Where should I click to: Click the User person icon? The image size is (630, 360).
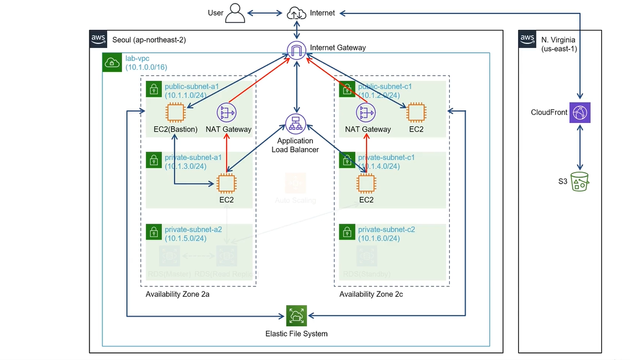(235, 13)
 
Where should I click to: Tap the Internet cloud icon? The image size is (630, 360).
(297, 13)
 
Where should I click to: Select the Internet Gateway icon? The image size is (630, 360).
(297, 50)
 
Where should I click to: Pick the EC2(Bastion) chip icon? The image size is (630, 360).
(175, 112)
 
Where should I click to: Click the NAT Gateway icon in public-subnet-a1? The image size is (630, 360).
(226, 112)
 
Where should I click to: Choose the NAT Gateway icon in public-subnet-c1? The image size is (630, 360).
(366, 112)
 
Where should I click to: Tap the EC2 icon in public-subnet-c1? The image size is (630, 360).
(416, 112)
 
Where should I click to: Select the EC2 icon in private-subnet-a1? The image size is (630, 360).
(226, 184)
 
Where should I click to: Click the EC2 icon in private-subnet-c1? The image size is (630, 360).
(366, 184)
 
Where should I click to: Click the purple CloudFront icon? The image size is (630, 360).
(580, 112)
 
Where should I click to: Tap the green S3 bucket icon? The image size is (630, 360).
(580, 182)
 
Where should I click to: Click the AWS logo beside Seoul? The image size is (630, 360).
(98, 39)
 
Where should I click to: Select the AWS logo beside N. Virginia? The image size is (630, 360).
(528, 39)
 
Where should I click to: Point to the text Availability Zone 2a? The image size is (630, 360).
(177, 294)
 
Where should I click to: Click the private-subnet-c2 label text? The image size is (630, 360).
(387, 229)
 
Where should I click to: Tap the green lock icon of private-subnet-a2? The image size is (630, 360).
(153, 232)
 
